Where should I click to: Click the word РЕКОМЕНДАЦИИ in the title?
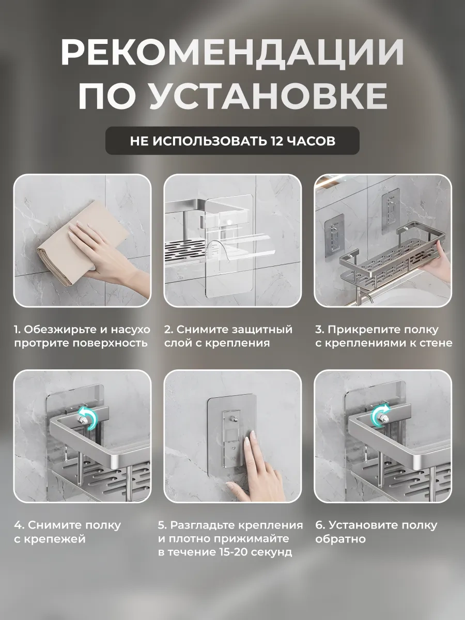pyautogui.click(x=232, y=53)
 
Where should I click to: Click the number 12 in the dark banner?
pyautogui.click(x=276, y=141)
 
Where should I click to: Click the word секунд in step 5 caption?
pyautogui.click(x=272, y=553)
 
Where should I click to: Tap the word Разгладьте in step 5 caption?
pyautogui.click(x=203, y=525)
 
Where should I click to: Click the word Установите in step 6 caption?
pyautogui.click(x=361, y=525)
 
